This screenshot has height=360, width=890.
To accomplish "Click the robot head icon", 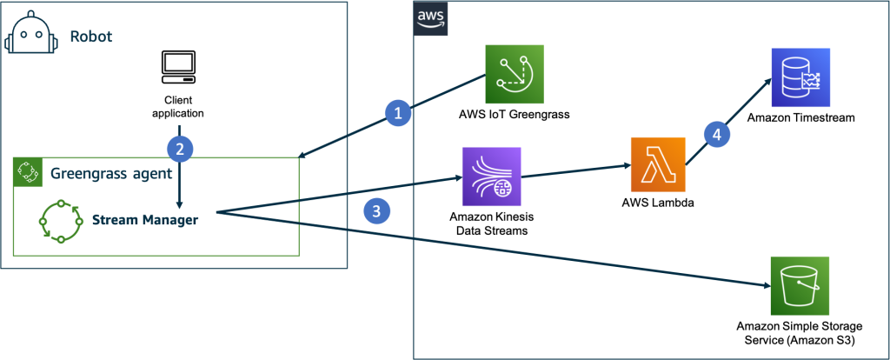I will [30, 37].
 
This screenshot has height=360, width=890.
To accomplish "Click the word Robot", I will [91, 37].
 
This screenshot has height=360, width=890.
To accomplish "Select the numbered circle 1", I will [398, 113].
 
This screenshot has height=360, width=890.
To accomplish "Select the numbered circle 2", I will [179, 149].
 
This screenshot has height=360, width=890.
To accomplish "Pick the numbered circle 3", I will [375, 212].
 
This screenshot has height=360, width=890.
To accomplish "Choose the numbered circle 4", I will [716, 134].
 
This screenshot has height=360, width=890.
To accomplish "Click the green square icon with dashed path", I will [515, 73].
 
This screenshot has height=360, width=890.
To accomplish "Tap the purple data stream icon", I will [491, 177].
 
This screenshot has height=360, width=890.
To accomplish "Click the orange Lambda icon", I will [658, 163].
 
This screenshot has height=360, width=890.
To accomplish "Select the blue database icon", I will [801, 77].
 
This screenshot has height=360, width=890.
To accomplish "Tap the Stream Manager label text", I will [145, 220].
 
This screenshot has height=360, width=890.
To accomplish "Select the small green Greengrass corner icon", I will [28, 171].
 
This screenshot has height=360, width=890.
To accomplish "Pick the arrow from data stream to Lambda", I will [575, 170].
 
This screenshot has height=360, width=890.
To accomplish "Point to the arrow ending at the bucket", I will [521, 253].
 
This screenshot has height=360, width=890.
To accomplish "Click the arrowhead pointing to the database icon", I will [766, 83].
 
